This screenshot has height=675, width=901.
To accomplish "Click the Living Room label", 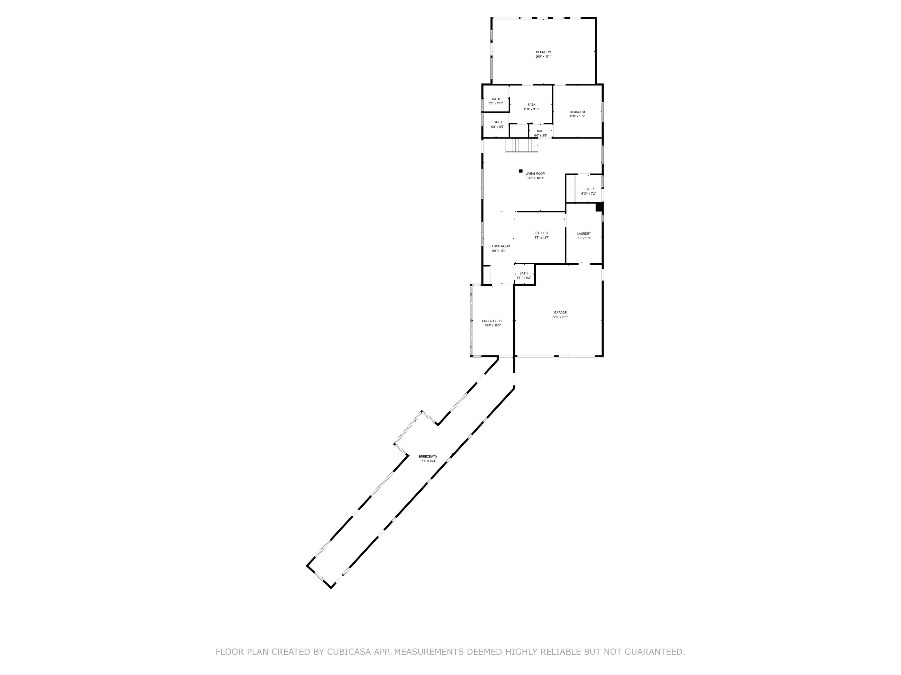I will [x=535, y=174].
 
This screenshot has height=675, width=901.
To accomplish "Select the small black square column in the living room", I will [x=520, y=171].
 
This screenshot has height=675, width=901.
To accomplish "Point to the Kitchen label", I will [x=541, y=233].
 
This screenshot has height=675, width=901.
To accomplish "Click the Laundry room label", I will [x=584, y=233].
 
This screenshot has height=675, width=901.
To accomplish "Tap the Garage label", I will [x=560, y=313].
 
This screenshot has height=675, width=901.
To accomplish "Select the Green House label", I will [x=493, y=321].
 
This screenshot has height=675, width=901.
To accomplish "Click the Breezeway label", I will [x=428, y=457].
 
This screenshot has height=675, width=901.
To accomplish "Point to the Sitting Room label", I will [x=499, y=246].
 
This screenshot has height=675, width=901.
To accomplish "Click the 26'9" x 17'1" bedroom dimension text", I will [x=543, y=57].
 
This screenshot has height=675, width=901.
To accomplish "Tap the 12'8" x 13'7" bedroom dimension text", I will [x=577, y=116].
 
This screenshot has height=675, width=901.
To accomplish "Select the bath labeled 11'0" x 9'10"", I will [x=532, y=105].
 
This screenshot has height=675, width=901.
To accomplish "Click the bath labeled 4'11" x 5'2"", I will [x=523, y=273].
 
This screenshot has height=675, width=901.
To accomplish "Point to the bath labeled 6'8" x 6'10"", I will [x=496, y=99].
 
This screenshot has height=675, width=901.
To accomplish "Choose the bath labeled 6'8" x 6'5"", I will [x=497, y=122].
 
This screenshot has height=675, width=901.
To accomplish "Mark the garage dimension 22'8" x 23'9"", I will [x=560, y=317].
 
